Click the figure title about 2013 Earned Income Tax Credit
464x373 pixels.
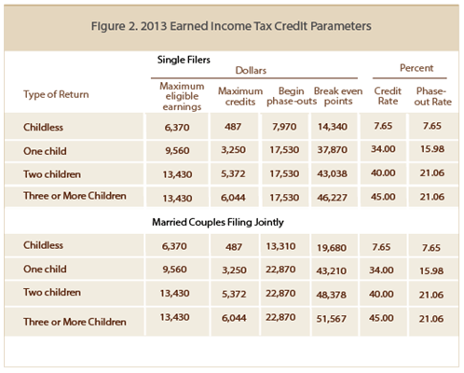[231, 26]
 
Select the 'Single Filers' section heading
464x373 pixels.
[184, 60]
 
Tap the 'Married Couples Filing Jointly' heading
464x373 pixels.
[218, 222]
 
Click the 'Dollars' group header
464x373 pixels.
[251, 70]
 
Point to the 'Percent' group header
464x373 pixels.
[416, 68]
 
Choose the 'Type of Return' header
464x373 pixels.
[56, 94]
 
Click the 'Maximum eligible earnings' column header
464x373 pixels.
[182, 96]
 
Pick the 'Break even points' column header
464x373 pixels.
[338, 96]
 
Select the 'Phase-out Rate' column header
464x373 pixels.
[432, 96]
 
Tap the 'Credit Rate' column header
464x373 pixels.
[388, 96]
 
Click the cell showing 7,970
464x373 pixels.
[284, 127]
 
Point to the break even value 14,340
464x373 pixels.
[333, 127]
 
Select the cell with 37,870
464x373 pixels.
[333, 150]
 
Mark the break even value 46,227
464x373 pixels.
[333, 198]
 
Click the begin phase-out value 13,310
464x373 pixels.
[280, 246]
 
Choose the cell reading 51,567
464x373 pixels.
[332, 319]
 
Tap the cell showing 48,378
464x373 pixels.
[332, 295]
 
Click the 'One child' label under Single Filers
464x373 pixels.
[45, 151]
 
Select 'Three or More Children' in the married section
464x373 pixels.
[75, 322]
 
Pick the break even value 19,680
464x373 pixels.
[332, 248]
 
